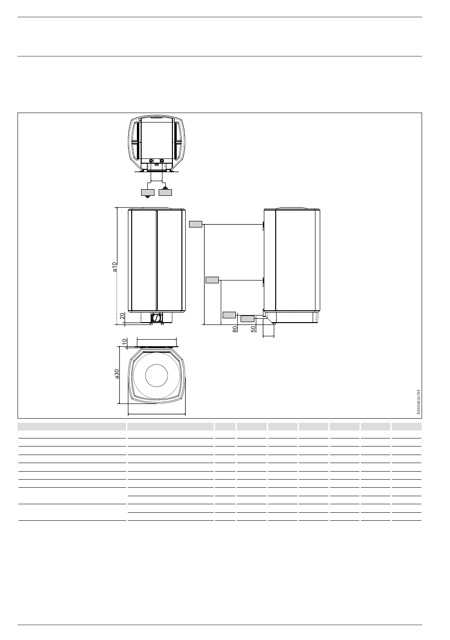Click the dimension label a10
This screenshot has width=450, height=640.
(x=115, y=266)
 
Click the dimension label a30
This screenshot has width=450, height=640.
(x=117, y=374)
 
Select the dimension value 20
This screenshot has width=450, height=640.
(x=122, y=316)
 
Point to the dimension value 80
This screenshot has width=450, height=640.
(x=234, y=329)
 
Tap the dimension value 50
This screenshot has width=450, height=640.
(x=253, y=329)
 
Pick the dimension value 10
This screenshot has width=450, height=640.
(x=125, y=342)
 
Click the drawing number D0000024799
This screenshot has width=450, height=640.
(x=419, y=402)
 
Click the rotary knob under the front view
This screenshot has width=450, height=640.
(x=156, y=318)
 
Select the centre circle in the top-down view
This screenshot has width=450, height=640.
(x=156, y=376)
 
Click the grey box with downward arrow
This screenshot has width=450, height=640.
(x=148, y=193)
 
